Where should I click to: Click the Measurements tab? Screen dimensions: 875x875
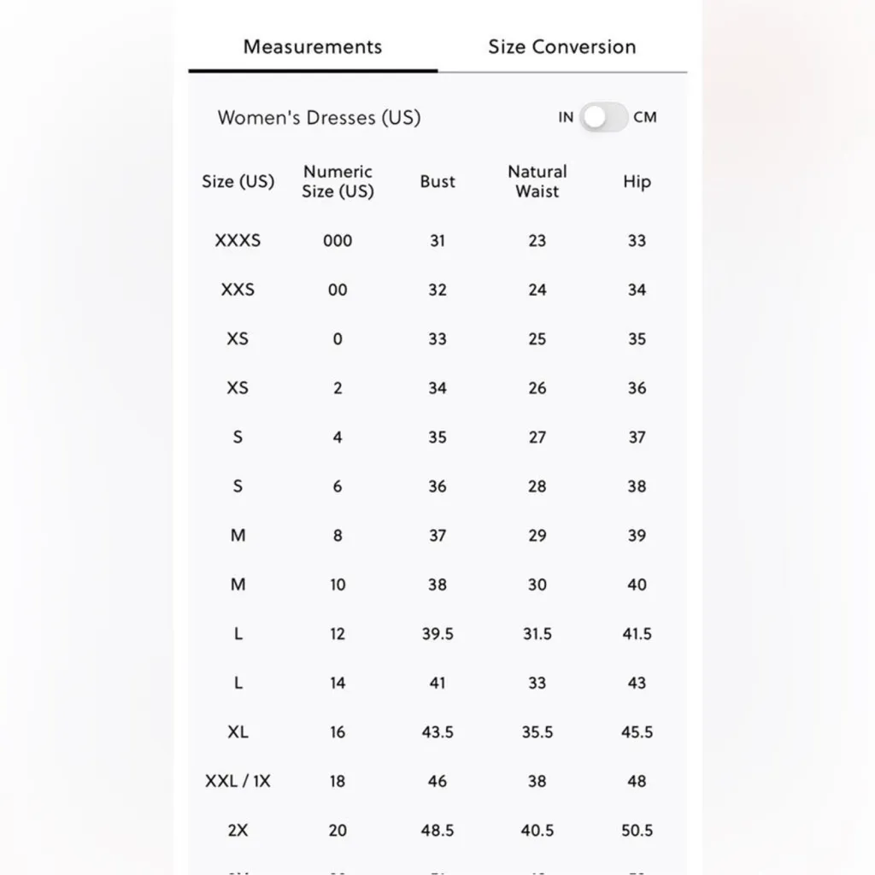coord(312,47)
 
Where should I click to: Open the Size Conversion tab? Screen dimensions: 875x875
coord(561,47)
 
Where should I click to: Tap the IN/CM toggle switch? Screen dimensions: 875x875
coord(604,117)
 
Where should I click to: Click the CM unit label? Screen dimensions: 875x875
coord(645,117)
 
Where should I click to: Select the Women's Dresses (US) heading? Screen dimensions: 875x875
coord(319,117)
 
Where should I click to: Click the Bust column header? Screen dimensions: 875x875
coord(437,181)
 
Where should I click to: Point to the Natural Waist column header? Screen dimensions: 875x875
coord(537,181)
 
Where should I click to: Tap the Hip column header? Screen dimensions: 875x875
coord(637,181)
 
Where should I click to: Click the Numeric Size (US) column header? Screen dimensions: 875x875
coord(338,181)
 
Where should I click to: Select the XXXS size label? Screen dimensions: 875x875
coord(238,241)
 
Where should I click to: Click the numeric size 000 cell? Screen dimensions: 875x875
coord(338,241)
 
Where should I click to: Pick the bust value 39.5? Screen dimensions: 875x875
coord(437,634)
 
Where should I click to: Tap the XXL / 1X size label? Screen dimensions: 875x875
coord(238,781)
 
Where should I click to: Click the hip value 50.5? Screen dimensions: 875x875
coord(637,831)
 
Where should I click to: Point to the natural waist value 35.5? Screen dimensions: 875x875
coord(537,732)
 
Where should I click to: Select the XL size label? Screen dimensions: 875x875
coord(238,732)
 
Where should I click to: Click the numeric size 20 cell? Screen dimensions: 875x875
coord(338,831)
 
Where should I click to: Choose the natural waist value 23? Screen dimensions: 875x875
coord(537,241)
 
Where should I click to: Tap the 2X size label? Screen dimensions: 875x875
coord(238,831)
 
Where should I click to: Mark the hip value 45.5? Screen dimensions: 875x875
coord(637,732)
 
